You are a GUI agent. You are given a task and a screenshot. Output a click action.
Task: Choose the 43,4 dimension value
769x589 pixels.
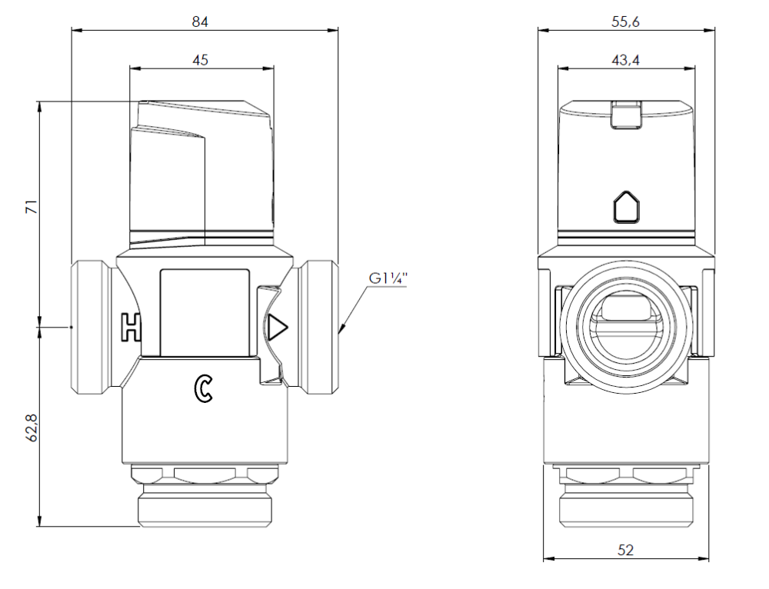pyautogui.click(x=626, y=60)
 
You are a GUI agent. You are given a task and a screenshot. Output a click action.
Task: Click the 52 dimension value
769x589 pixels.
pyautogui.click(x=626, y=550)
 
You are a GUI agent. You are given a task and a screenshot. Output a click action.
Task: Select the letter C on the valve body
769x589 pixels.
pyautogui.click(x=203, y=389)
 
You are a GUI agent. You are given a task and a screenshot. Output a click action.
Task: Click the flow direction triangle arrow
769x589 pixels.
pyautogui.click(x=278, y=329)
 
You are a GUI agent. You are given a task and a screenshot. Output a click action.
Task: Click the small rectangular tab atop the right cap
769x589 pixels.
pyautogui.click(x=626, y=115)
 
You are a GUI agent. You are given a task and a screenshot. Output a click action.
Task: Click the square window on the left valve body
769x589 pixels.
pyautogui.click(x=205, y=311)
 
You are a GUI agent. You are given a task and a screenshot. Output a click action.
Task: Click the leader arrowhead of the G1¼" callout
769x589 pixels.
pyautogui.click(x=341, y=331)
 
